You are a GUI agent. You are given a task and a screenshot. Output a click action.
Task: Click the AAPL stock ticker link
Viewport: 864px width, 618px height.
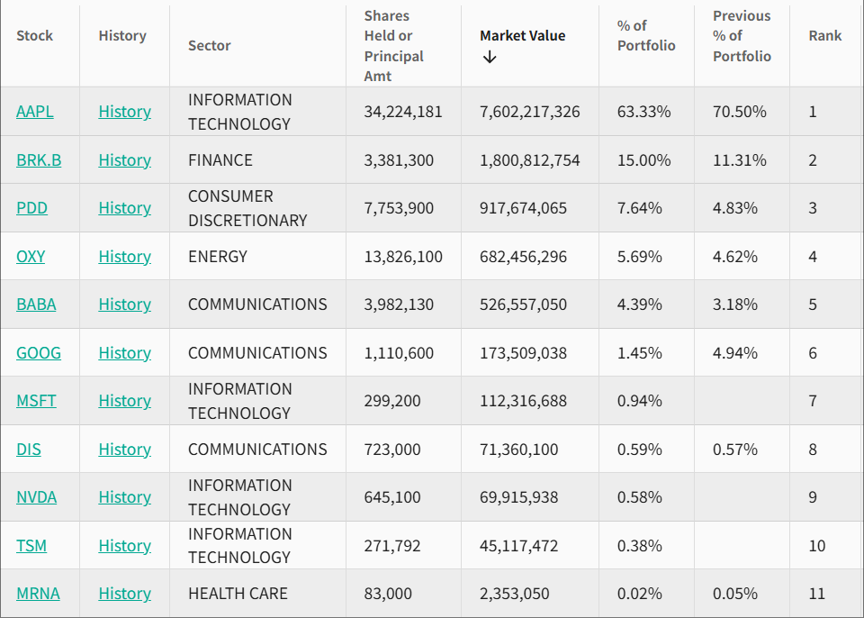coord(34,112)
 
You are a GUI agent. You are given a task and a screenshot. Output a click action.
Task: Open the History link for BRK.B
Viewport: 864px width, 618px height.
coord(124,160)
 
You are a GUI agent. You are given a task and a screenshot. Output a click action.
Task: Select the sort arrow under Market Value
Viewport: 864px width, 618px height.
coord(490,58)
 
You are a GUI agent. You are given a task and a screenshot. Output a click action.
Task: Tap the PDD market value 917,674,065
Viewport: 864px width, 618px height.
coord(523,208)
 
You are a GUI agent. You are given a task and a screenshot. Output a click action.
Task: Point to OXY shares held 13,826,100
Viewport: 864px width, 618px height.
coord(403,257)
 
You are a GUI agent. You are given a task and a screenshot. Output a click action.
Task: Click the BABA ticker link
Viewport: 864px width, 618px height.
coord(36,304)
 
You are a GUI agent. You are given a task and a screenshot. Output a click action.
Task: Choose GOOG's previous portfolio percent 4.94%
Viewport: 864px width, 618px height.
coord(735,353)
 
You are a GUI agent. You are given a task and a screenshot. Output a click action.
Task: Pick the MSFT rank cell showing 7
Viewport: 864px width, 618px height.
coord(813,401)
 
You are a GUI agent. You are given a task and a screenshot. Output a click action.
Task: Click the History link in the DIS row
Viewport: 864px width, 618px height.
coord(124,450)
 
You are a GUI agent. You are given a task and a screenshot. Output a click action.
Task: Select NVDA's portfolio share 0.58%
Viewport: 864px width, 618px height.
coord(639,497)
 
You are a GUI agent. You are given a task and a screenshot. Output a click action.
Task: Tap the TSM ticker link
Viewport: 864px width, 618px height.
coord(31,546)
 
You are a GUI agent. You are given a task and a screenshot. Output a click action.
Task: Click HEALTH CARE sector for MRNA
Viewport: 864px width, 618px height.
coord(238,594)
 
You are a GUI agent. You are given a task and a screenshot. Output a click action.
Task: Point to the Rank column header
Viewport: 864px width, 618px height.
coord(825,36)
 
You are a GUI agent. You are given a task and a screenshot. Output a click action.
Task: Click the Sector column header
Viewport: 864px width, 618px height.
coord(210,46)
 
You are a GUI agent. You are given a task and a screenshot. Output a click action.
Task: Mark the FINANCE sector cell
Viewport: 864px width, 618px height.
coord(220,160)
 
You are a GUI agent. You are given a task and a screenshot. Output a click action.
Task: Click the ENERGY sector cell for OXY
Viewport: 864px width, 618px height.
coord(217,257)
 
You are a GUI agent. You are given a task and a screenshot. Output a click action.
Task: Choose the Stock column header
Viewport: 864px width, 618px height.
coord(34,36)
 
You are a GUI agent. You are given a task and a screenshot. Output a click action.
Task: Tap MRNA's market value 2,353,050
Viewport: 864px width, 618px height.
coord(514,594)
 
